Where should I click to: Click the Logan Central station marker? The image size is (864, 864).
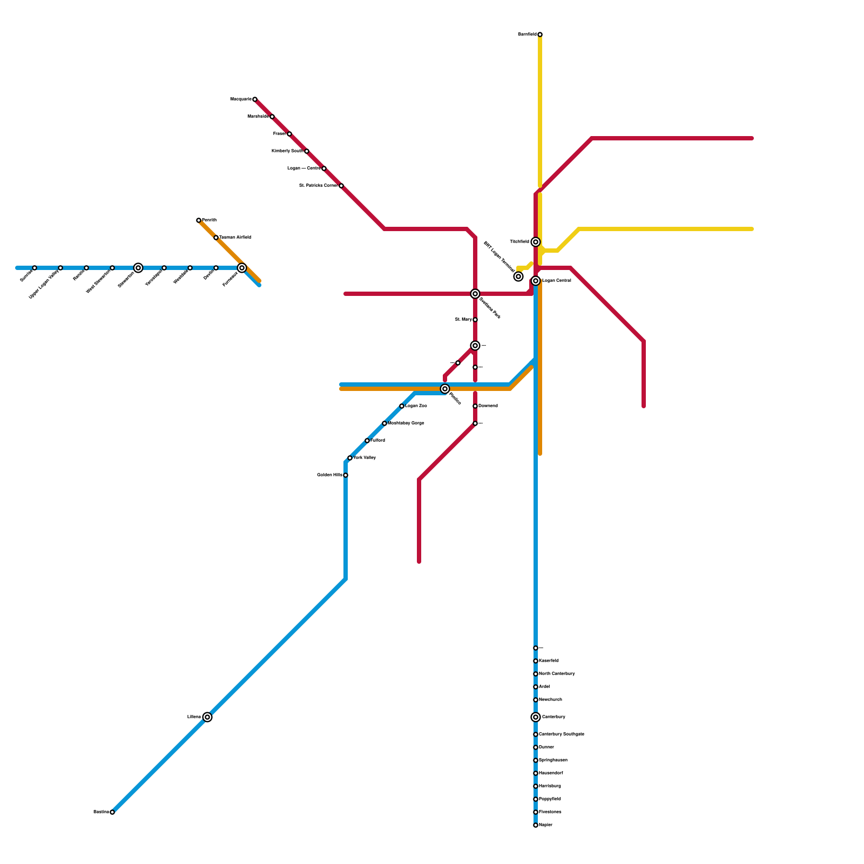point(535,281)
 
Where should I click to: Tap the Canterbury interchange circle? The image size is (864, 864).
point(535,717)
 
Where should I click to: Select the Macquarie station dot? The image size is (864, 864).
point(255,99)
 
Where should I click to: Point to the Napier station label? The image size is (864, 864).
point(545,825)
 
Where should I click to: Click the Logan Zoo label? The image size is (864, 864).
point(416,406)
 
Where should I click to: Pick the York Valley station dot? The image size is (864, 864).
point(350,458)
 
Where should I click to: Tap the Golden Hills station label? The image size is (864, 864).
point(329,475)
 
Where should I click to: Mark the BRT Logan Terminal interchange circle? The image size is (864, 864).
point(518,276)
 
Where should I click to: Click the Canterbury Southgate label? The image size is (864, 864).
point(561,734)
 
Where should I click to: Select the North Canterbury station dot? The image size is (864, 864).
point(535,674)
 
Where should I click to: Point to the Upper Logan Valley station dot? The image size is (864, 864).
point(60,268)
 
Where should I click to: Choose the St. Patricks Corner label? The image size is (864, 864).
point(318,186)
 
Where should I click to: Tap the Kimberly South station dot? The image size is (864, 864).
point(307,151)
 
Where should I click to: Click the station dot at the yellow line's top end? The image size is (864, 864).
point(540,35)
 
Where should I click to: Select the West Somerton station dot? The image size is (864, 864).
point(112,268)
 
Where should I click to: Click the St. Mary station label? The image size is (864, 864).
point(463,320)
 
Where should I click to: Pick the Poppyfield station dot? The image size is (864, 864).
point(535,799)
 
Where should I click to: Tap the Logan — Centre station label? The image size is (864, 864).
point(303,168)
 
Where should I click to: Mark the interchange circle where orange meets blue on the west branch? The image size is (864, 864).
point(242,268)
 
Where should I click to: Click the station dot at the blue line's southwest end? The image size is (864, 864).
point(112,812)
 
